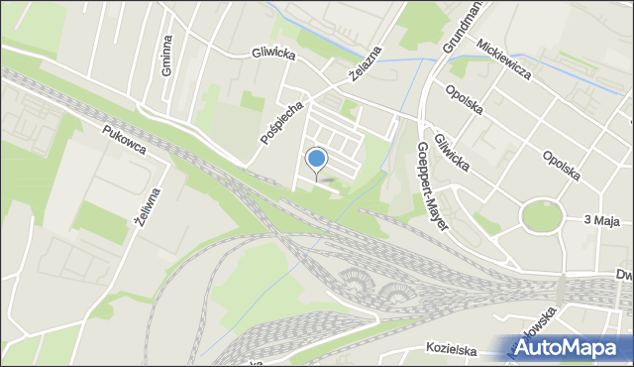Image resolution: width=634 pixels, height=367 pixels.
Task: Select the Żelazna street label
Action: click(x=366, y=64)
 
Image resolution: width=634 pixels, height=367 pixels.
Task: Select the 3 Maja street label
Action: click(x=601, y=221)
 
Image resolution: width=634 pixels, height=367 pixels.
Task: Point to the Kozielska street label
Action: click(x=455, y=348)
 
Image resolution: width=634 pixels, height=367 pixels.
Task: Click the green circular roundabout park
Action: click(x=541, y=215)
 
